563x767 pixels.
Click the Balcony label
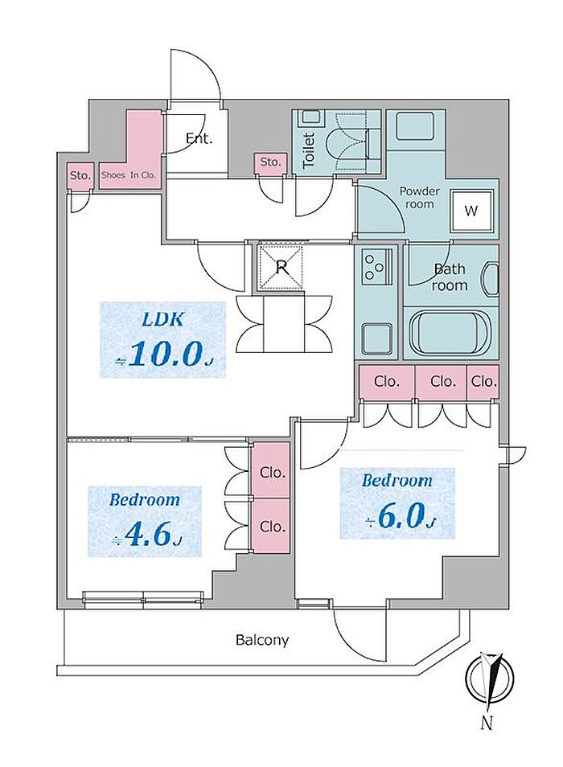[x=262, y=641]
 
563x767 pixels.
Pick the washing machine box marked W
[x=471, y=211]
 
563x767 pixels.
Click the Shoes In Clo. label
[x=129, y=174]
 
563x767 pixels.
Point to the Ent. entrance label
[x=199, y=138]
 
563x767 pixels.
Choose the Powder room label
[x=420, y=198]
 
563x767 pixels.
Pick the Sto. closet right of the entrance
[x=271, y=162]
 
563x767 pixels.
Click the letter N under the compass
[x=487, y=722]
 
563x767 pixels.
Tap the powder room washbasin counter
[x=416, y=129]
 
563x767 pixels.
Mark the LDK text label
[x=164, y=319]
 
